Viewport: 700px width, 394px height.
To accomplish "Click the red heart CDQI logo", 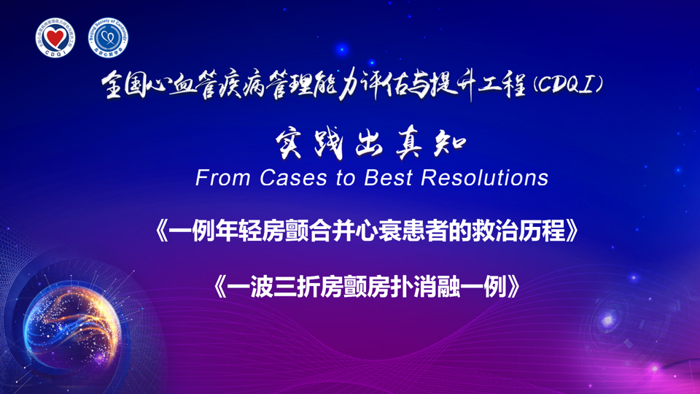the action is (55, 38).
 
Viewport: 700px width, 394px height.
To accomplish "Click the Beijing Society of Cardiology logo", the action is (108, 38).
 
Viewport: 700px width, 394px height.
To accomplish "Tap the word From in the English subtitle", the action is (222, 178).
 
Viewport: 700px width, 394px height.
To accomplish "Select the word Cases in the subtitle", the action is (293, 178).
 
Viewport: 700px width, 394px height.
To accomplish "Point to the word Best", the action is (388, 178).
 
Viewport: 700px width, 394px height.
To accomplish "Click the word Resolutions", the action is (484, 178).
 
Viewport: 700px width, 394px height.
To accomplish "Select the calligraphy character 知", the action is (450, 144).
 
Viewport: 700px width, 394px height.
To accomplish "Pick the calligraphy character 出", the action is (370, 144).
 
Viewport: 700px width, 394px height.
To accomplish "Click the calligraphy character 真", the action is (409, 144).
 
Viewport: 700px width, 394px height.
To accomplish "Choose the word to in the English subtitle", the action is (346, 178).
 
